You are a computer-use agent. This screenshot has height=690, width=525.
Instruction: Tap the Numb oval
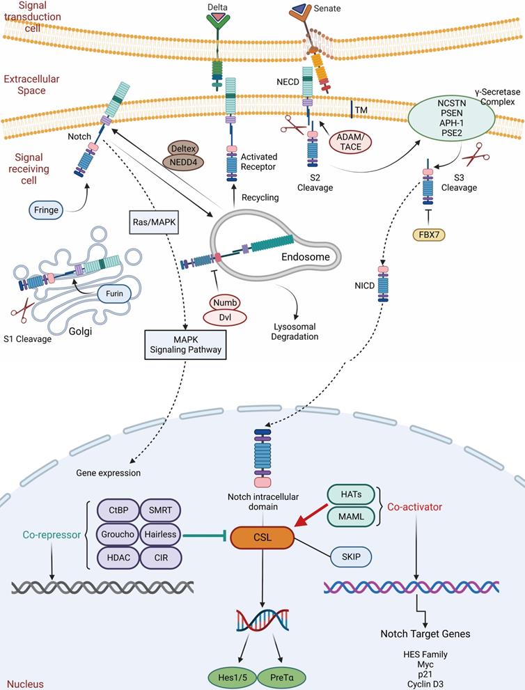pos(226,302)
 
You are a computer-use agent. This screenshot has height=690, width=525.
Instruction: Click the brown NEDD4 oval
pos(185,162)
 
